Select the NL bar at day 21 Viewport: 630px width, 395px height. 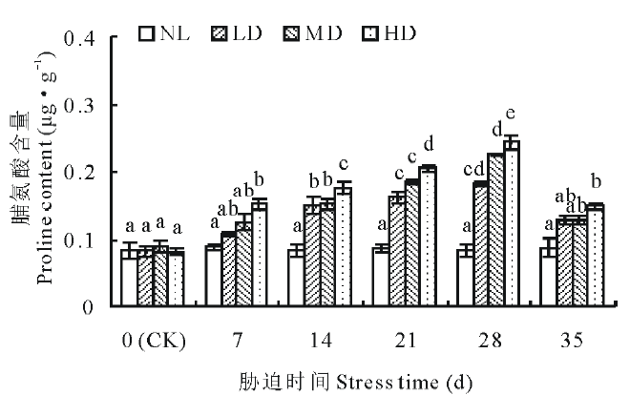(380, 278)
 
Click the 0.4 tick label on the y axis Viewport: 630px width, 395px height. (82, 39)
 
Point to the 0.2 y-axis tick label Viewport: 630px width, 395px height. (82, 173)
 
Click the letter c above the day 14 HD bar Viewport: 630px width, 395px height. (342, 162)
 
